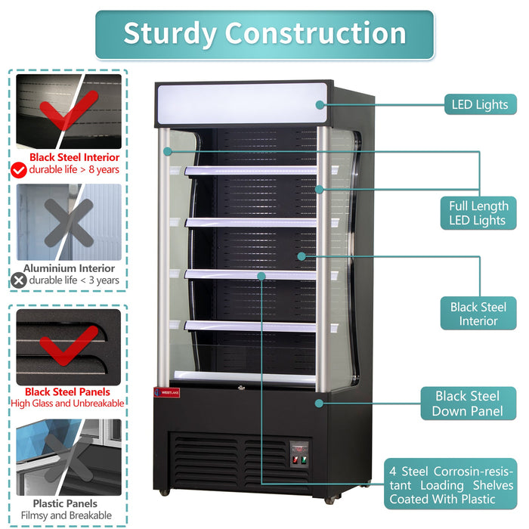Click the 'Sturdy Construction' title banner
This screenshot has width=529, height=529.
pos(264,34)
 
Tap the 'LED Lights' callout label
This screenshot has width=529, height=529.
pos(480,105)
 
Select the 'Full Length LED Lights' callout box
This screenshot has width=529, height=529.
pos(478,212)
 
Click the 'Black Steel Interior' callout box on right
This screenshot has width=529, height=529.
pos(478,314)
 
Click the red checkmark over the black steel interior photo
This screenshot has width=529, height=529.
pos(68,112)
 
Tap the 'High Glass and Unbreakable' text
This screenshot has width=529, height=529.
pos(67,404)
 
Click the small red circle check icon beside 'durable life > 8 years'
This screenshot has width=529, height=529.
pos(19,169)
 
